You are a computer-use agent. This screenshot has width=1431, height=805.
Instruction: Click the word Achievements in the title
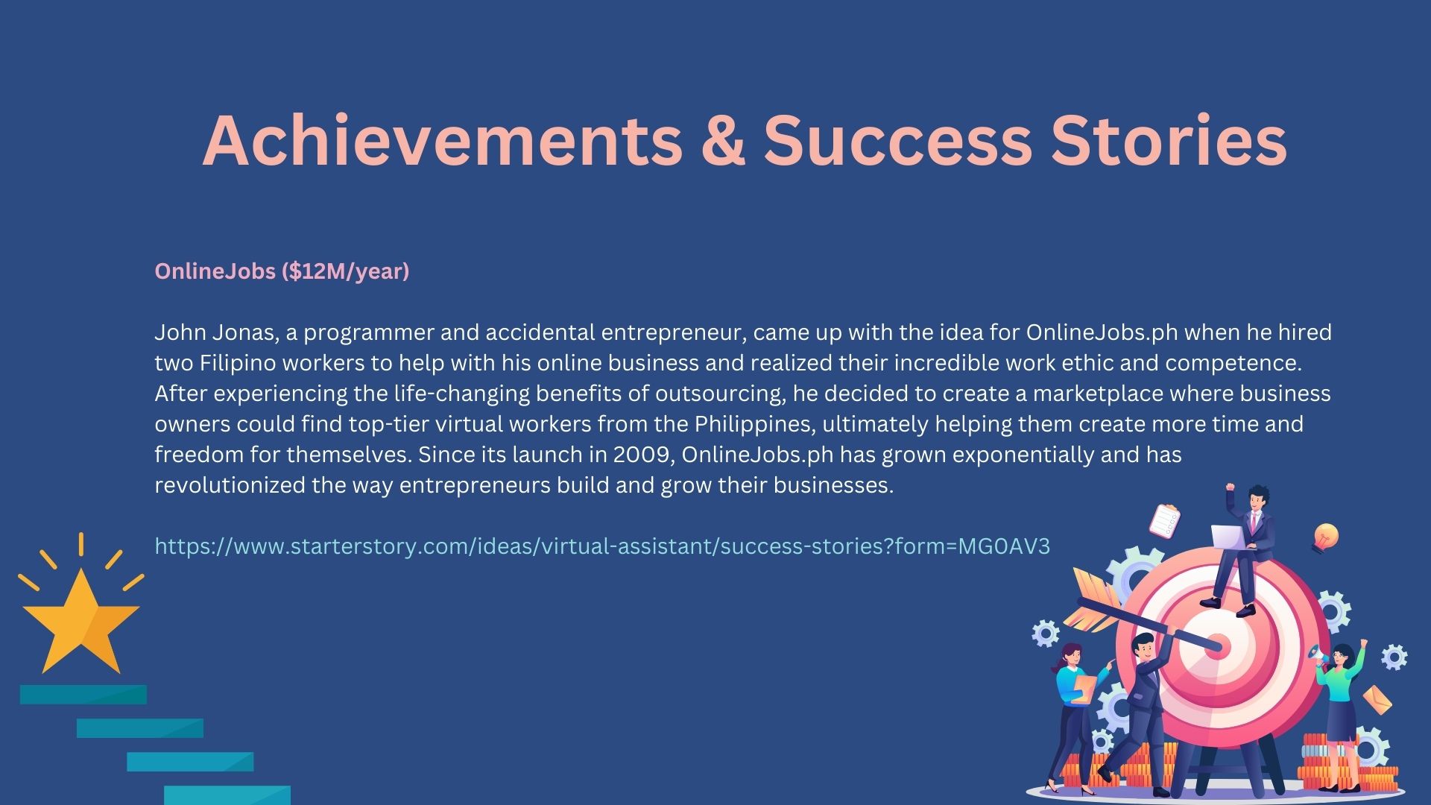point(442,141)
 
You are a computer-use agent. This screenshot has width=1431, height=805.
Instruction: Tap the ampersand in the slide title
point(722,141)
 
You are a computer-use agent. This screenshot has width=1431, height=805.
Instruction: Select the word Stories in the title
point(1169,141)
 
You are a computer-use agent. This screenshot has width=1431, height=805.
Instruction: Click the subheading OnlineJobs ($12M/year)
point(282,271)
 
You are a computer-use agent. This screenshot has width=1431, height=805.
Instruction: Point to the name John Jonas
point(216,332)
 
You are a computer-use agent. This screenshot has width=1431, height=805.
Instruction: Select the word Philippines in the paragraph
point(752,424)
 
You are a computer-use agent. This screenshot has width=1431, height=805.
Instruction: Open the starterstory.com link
point(602,546)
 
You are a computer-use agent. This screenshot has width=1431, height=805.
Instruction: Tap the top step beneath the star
point(83,695)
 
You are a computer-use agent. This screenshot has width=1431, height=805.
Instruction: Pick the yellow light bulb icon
point(1325,537)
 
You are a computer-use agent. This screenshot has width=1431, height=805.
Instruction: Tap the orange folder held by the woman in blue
point(1083,686)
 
